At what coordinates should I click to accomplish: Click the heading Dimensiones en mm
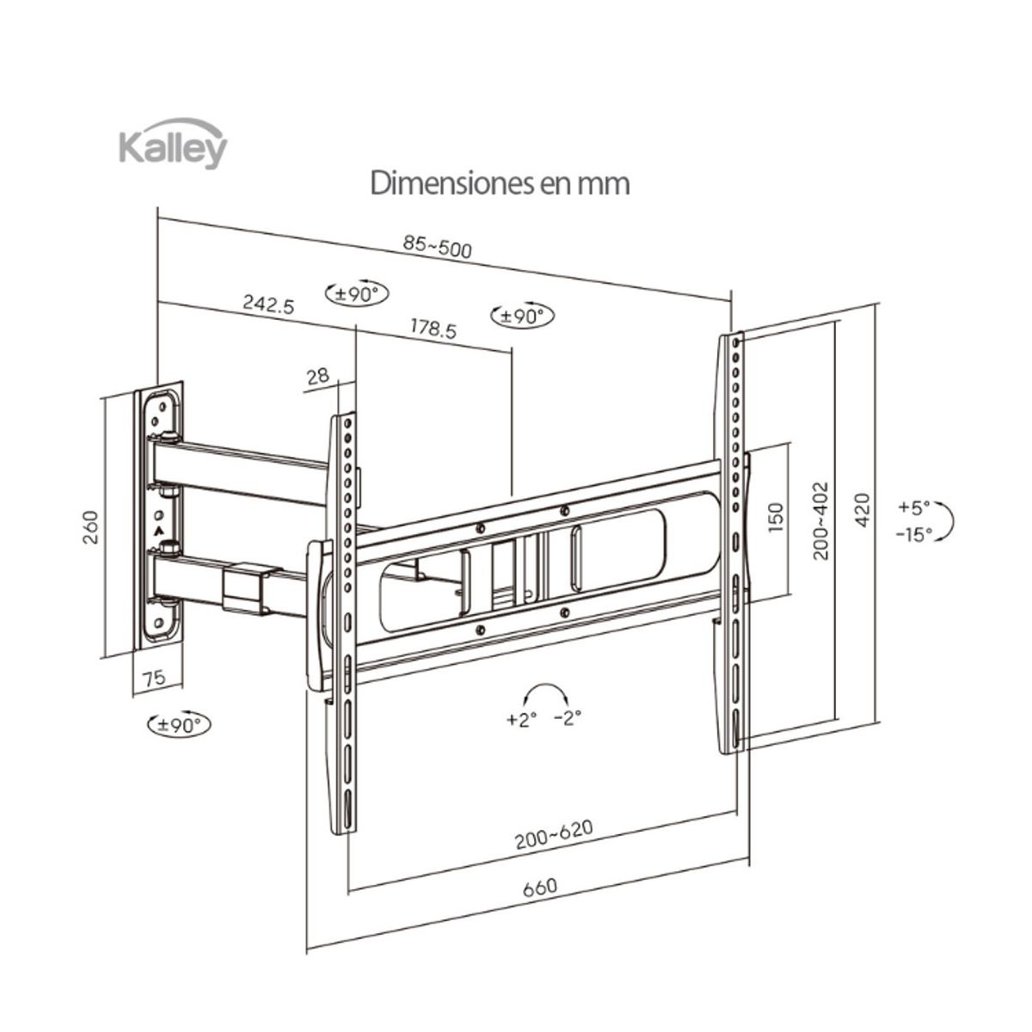pyautogui.click(x=500, y=183)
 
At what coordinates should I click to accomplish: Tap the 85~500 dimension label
pyautogui.click(x=438, y=248)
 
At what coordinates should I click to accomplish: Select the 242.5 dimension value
pyautogui.click(x=269, y=304)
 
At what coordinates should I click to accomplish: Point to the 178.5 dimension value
pyautogui.click(x=433, y=329)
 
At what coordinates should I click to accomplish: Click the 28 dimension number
pyautogui.click(x=318, y=376)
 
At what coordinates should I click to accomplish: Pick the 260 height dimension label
pyautogui.click(x=91, y=527)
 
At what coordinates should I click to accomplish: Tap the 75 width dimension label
pyautogui.click(x=154, y=678)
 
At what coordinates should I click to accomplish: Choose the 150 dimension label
pyautogui.click(x=776, y=517)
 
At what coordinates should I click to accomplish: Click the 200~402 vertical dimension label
pyautogui.click(x=821, y=521)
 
